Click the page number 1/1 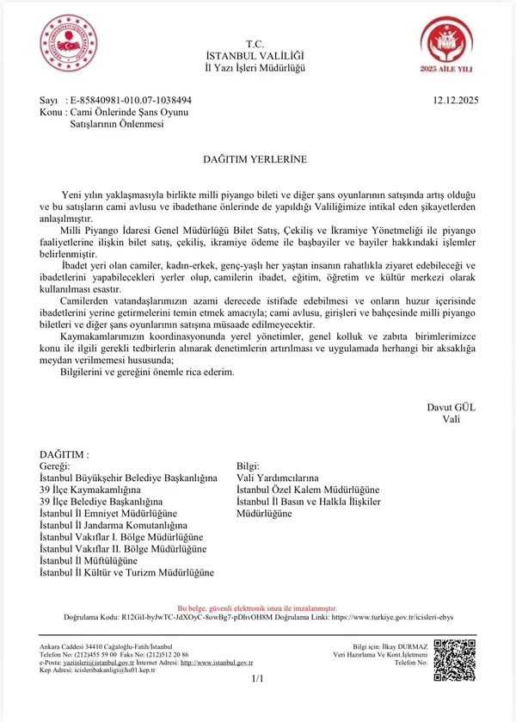pyautogui.click(x=258, y=679)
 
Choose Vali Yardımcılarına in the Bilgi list pyautogui.click(x=277, y=478)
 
